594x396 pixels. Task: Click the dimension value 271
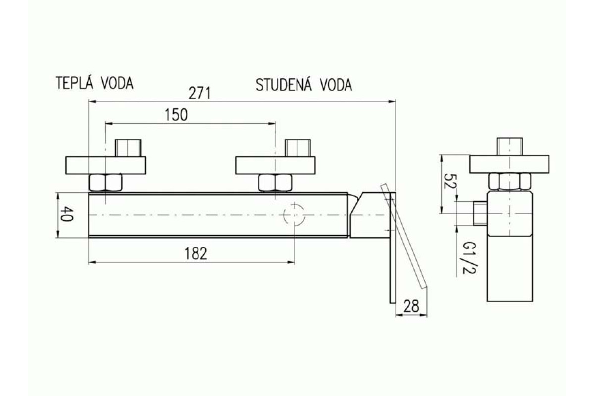click(199, 93)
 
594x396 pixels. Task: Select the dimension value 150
click(176, 115)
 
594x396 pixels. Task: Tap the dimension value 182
click(196, 253)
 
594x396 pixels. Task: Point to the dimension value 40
click(67, 214)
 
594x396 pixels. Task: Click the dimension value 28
click(411, 306)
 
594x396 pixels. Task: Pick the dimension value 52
click(450, 181)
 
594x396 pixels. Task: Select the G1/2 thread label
click(470, 257)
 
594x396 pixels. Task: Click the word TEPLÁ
click(74, 83)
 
